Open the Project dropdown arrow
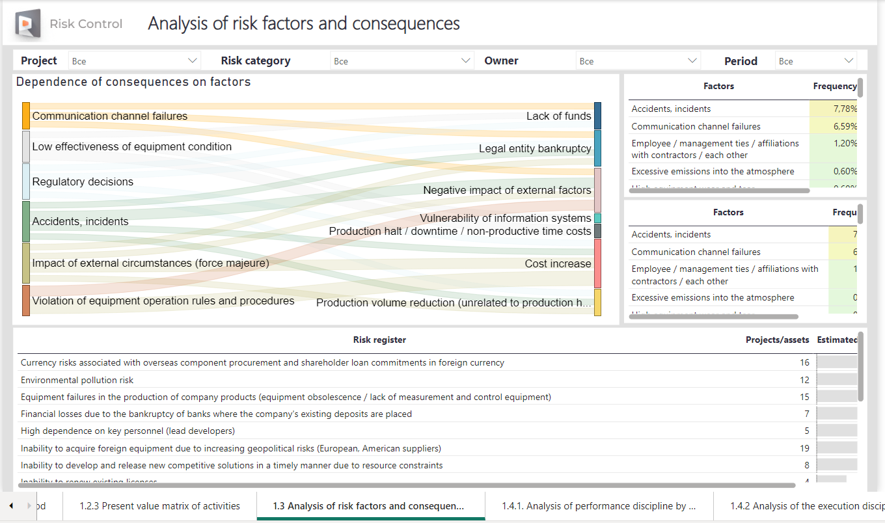pos(193,60)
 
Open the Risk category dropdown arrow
pos(466,60)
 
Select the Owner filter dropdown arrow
pos(692,60)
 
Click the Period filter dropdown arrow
pos(849,60)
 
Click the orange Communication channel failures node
pos(26,116)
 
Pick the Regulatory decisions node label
pos(83,181)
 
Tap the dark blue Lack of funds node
pos(597,116)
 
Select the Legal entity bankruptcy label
pos(535,148)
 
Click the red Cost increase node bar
pos(597,263)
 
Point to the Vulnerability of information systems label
pos(506,218)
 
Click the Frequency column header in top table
pos(834,86)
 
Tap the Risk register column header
pos(379,340)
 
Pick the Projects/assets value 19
pos(804,448)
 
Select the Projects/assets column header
pos(777,340)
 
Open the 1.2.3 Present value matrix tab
pos(159,506)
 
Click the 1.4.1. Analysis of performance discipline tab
pos(599,506)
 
